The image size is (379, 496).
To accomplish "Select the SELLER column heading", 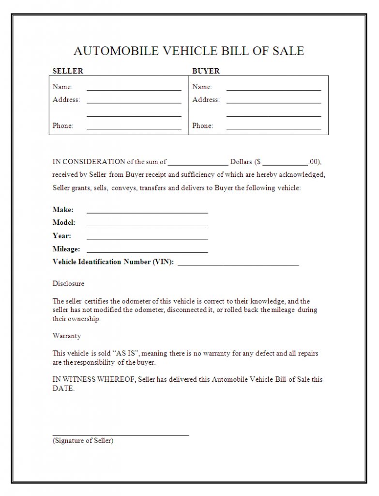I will click(68, 71).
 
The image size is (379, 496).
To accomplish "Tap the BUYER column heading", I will click(206, 71).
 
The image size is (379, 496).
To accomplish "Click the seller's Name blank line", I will click(134, 89).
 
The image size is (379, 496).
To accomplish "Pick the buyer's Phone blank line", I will click(273, 128).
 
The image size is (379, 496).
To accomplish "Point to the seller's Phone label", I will click(63, 126).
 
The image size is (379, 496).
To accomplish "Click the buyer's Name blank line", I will click(273, 89).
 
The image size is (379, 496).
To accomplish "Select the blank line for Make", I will click(147, 212).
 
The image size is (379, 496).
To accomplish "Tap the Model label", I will click(64, 223).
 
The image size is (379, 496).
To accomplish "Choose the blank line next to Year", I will click(147, 238).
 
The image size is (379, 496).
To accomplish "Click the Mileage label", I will click(66, 249).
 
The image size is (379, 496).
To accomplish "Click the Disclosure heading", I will click(68, 283).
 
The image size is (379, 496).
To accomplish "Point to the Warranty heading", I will click(67, 336).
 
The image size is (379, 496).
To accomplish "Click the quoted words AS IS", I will click(128, 354).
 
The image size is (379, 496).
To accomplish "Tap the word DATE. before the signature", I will click(63, 388).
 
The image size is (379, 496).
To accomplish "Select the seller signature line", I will click(121, 435).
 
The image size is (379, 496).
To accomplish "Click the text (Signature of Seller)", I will click(83, 441).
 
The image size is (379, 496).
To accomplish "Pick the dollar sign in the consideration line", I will click(258, 162).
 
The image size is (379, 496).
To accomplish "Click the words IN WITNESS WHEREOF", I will click(94, 379).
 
